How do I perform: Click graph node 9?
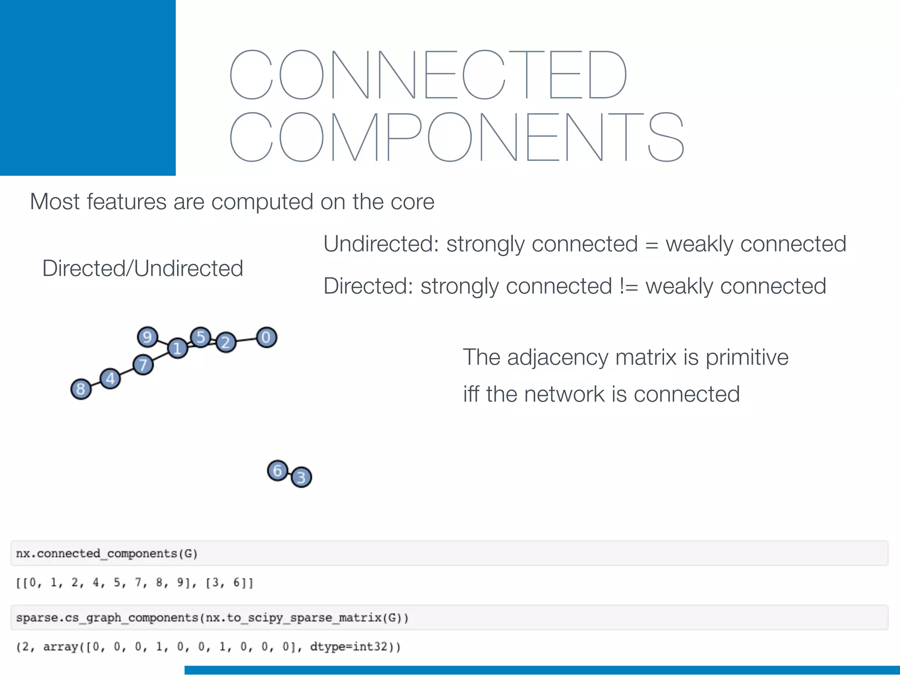pos(147,337)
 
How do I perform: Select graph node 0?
pos(266,337)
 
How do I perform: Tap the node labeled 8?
pos(81,389)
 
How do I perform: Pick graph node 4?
pos(110,378)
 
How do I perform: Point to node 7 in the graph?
pos(143,365)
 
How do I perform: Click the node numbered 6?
pos(277,471)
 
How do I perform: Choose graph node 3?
pos(301,477)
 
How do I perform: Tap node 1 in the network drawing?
pos(178,348)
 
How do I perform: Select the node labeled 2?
pos(226,342)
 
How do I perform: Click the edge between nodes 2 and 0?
pos(247,340)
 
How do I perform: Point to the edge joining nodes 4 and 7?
pos(127,372)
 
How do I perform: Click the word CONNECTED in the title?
pos(428,75)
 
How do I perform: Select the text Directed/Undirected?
pos(142,269)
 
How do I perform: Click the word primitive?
pos(747,357)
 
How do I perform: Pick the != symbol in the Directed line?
pos(628,287)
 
